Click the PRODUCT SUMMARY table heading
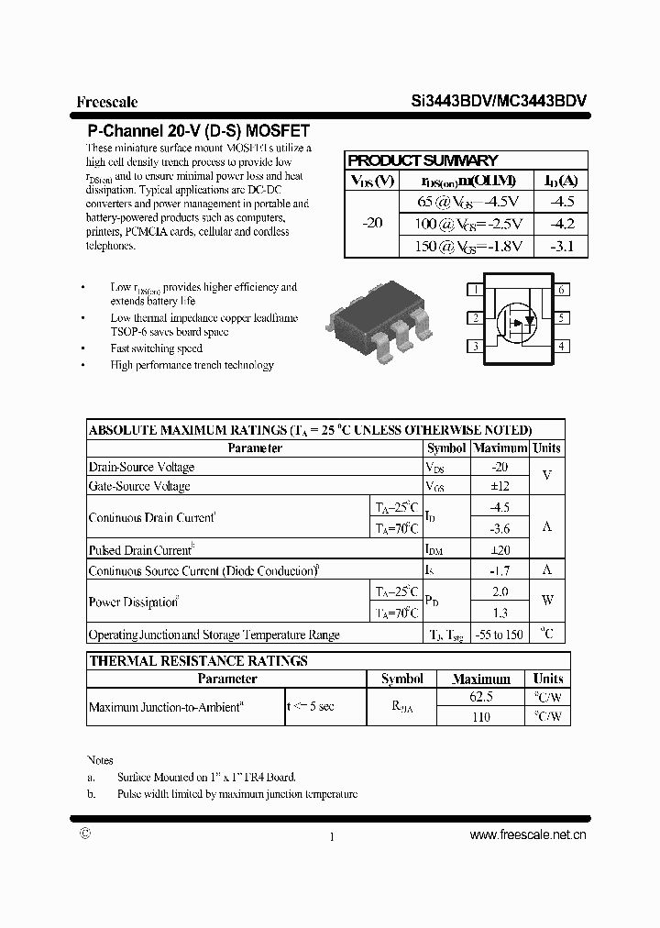[423, 160]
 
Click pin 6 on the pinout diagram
[561, 290]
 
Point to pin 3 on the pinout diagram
[475, 347]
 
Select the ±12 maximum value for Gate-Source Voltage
[499, 486]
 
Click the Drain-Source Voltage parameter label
[141, 468]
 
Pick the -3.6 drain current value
[499, 528]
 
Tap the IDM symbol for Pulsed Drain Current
[434, 550]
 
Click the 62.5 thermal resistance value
[480, 697]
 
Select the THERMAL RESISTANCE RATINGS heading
[198, 660]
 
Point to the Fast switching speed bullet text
[156, 348]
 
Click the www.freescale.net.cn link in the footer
[527, 834]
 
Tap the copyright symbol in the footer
[85, 834]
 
